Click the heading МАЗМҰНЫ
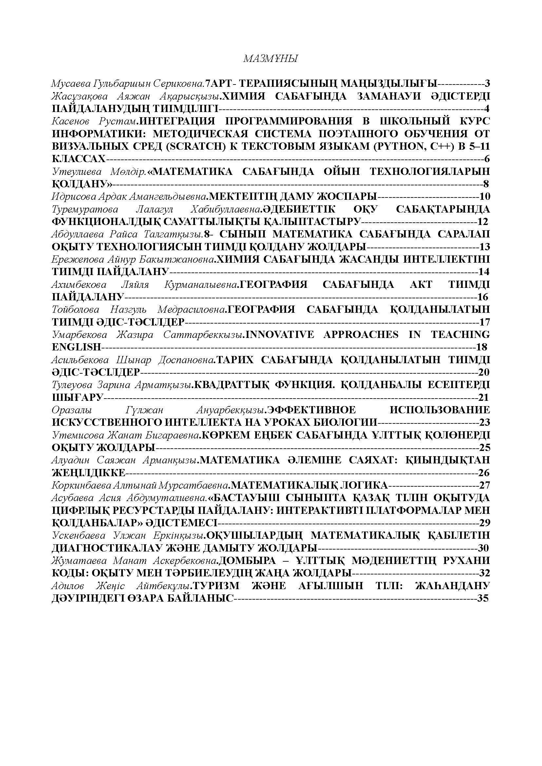click(270, 59)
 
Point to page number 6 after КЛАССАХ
click(487, 159)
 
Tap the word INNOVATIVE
click(280, 335)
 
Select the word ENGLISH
click(76, 347)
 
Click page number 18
click(482, 347)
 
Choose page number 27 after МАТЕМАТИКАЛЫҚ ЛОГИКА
click(484, 485)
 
